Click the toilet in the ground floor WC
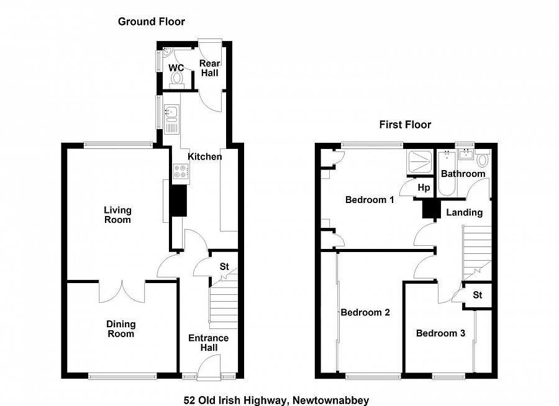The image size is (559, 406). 176,79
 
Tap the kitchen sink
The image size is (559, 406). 171,119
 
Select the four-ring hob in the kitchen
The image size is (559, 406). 181,171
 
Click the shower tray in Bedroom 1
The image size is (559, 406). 420,162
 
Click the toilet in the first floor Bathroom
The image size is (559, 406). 483,158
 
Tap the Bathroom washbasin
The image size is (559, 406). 466,154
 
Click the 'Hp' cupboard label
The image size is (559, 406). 424,187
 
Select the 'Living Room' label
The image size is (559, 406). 117,215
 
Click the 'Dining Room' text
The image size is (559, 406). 121,329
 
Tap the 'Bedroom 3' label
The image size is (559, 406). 440,333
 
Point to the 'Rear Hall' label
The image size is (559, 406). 210,68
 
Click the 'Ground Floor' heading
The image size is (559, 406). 152,22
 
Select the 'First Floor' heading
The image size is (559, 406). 406,125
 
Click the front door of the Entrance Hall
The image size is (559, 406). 209,367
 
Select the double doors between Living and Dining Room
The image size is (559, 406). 122,291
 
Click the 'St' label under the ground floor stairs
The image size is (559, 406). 224,266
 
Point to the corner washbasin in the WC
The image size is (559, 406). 167,52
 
